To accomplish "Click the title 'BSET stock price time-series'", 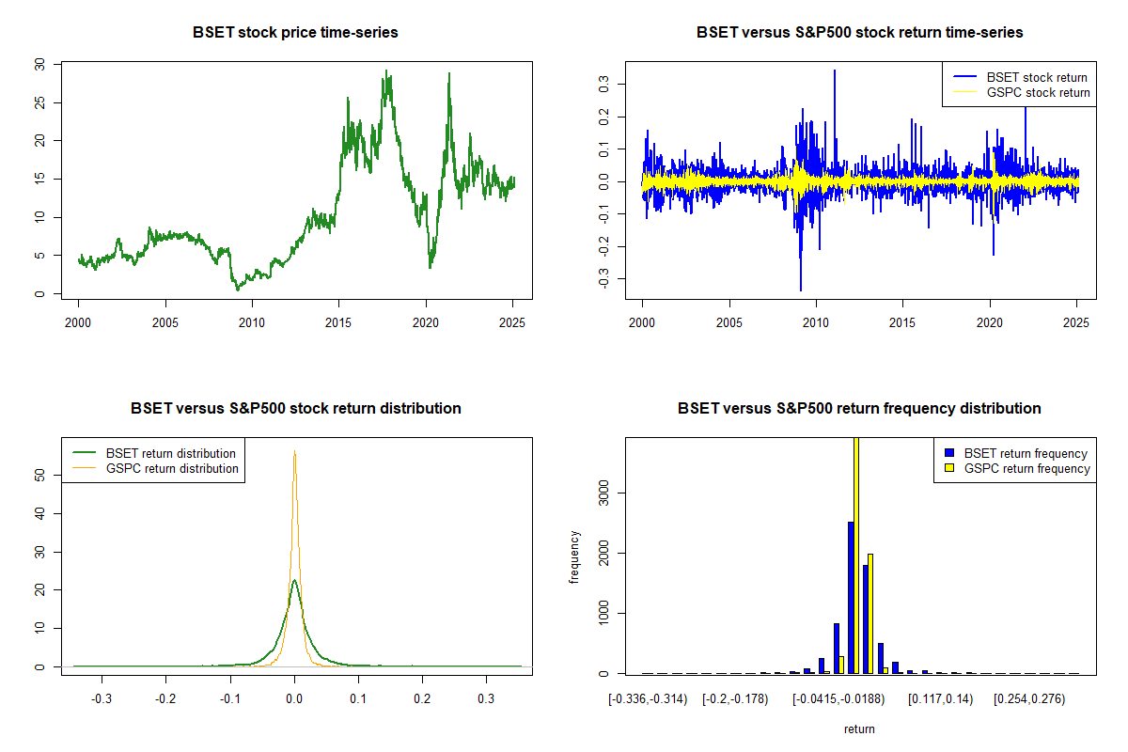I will [295, 33].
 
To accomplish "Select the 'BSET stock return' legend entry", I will [1037, 77].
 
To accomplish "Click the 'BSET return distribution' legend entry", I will [170, 453].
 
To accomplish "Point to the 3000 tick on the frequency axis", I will [603, 492].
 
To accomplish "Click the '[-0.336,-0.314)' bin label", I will [649, 699].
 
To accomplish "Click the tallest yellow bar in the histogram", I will [856, 555].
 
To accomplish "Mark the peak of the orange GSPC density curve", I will [294, 452].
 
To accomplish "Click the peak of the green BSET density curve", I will [294, 581].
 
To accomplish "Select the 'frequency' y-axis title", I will [574, 557].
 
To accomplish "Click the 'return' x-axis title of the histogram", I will [859, 728].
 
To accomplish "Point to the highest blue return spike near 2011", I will [834, 71].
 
